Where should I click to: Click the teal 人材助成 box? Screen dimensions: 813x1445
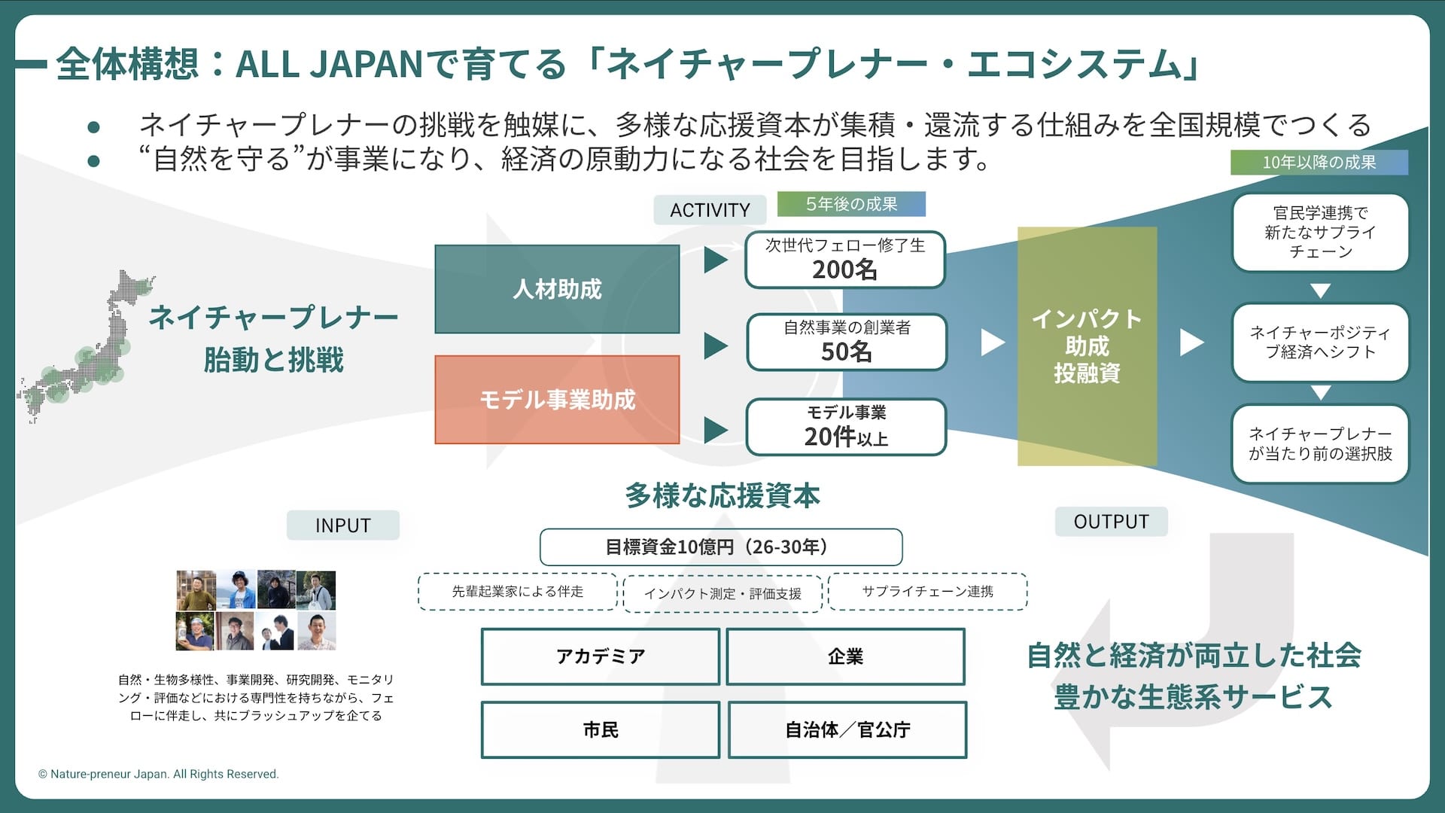pos(557,289)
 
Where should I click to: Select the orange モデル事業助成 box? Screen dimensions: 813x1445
pos(557,400)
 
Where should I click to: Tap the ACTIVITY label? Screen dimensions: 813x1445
pos(710,210)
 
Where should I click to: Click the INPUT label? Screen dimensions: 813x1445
pos(343,525)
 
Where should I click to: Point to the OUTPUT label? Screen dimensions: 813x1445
pos(1111,522)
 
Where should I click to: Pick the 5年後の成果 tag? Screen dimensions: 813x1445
pos(851,204)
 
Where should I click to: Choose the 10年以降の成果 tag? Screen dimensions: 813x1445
pos(1319,162)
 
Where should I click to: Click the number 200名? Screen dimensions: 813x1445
pos(844,269)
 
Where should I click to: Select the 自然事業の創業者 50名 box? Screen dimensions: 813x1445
pos(846,343)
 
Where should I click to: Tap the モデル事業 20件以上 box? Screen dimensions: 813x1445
pos(846,428)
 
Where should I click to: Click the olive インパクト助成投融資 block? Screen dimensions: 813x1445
pos(1087,346)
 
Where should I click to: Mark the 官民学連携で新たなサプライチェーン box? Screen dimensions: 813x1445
pos(1320,233)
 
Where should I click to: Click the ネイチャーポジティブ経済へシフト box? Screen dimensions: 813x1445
pos(1320,343)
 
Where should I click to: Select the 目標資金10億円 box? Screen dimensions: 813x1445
pos(720,547)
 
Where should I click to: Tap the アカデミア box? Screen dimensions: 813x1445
pos(600,656)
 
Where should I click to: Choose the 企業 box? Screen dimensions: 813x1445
pos(845,656)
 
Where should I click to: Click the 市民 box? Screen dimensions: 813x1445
pos(600,729)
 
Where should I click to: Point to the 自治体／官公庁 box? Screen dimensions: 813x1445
pos(847,729)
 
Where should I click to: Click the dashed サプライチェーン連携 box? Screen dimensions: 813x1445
pos(927,592)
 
